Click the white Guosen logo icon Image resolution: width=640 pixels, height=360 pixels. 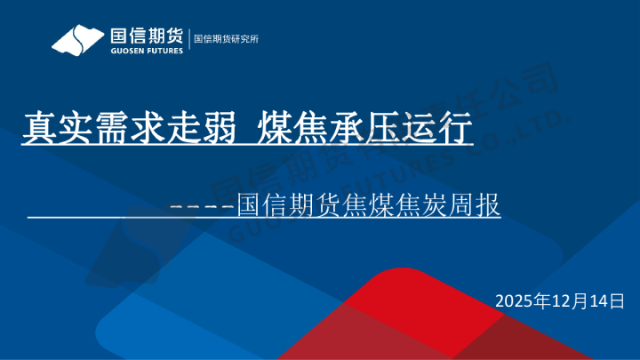(78, 40)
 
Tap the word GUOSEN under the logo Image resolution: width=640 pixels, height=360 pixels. (123, 51)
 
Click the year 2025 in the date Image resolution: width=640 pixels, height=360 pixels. (516, 300)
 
